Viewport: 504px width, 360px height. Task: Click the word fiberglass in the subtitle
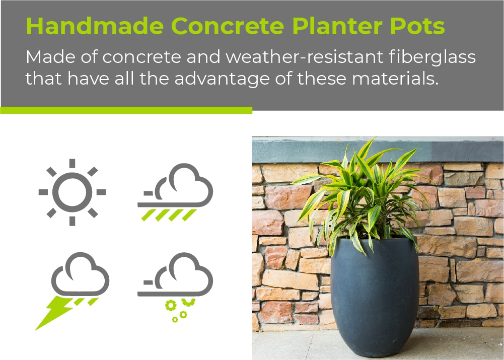click(432, 57)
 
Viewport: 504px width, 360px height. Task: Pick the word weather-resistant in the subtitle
click(304, 56)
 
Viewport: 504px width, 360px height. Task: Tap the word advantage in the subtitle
click(222, 79)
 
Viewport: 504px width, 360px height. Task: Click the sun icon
click(73, 192)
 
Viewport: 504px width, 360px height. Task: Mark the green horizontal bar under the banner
click(126, 110)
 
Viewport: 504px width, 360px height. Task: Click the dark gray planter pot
click(375, 296)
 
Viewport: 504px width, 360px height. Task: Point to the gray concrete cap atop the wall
click(378, 150)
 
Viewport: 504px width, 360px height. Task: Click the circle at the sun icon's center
click(73, 192)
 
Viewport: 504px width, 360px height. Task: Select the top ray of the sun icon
click(73, 163)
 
